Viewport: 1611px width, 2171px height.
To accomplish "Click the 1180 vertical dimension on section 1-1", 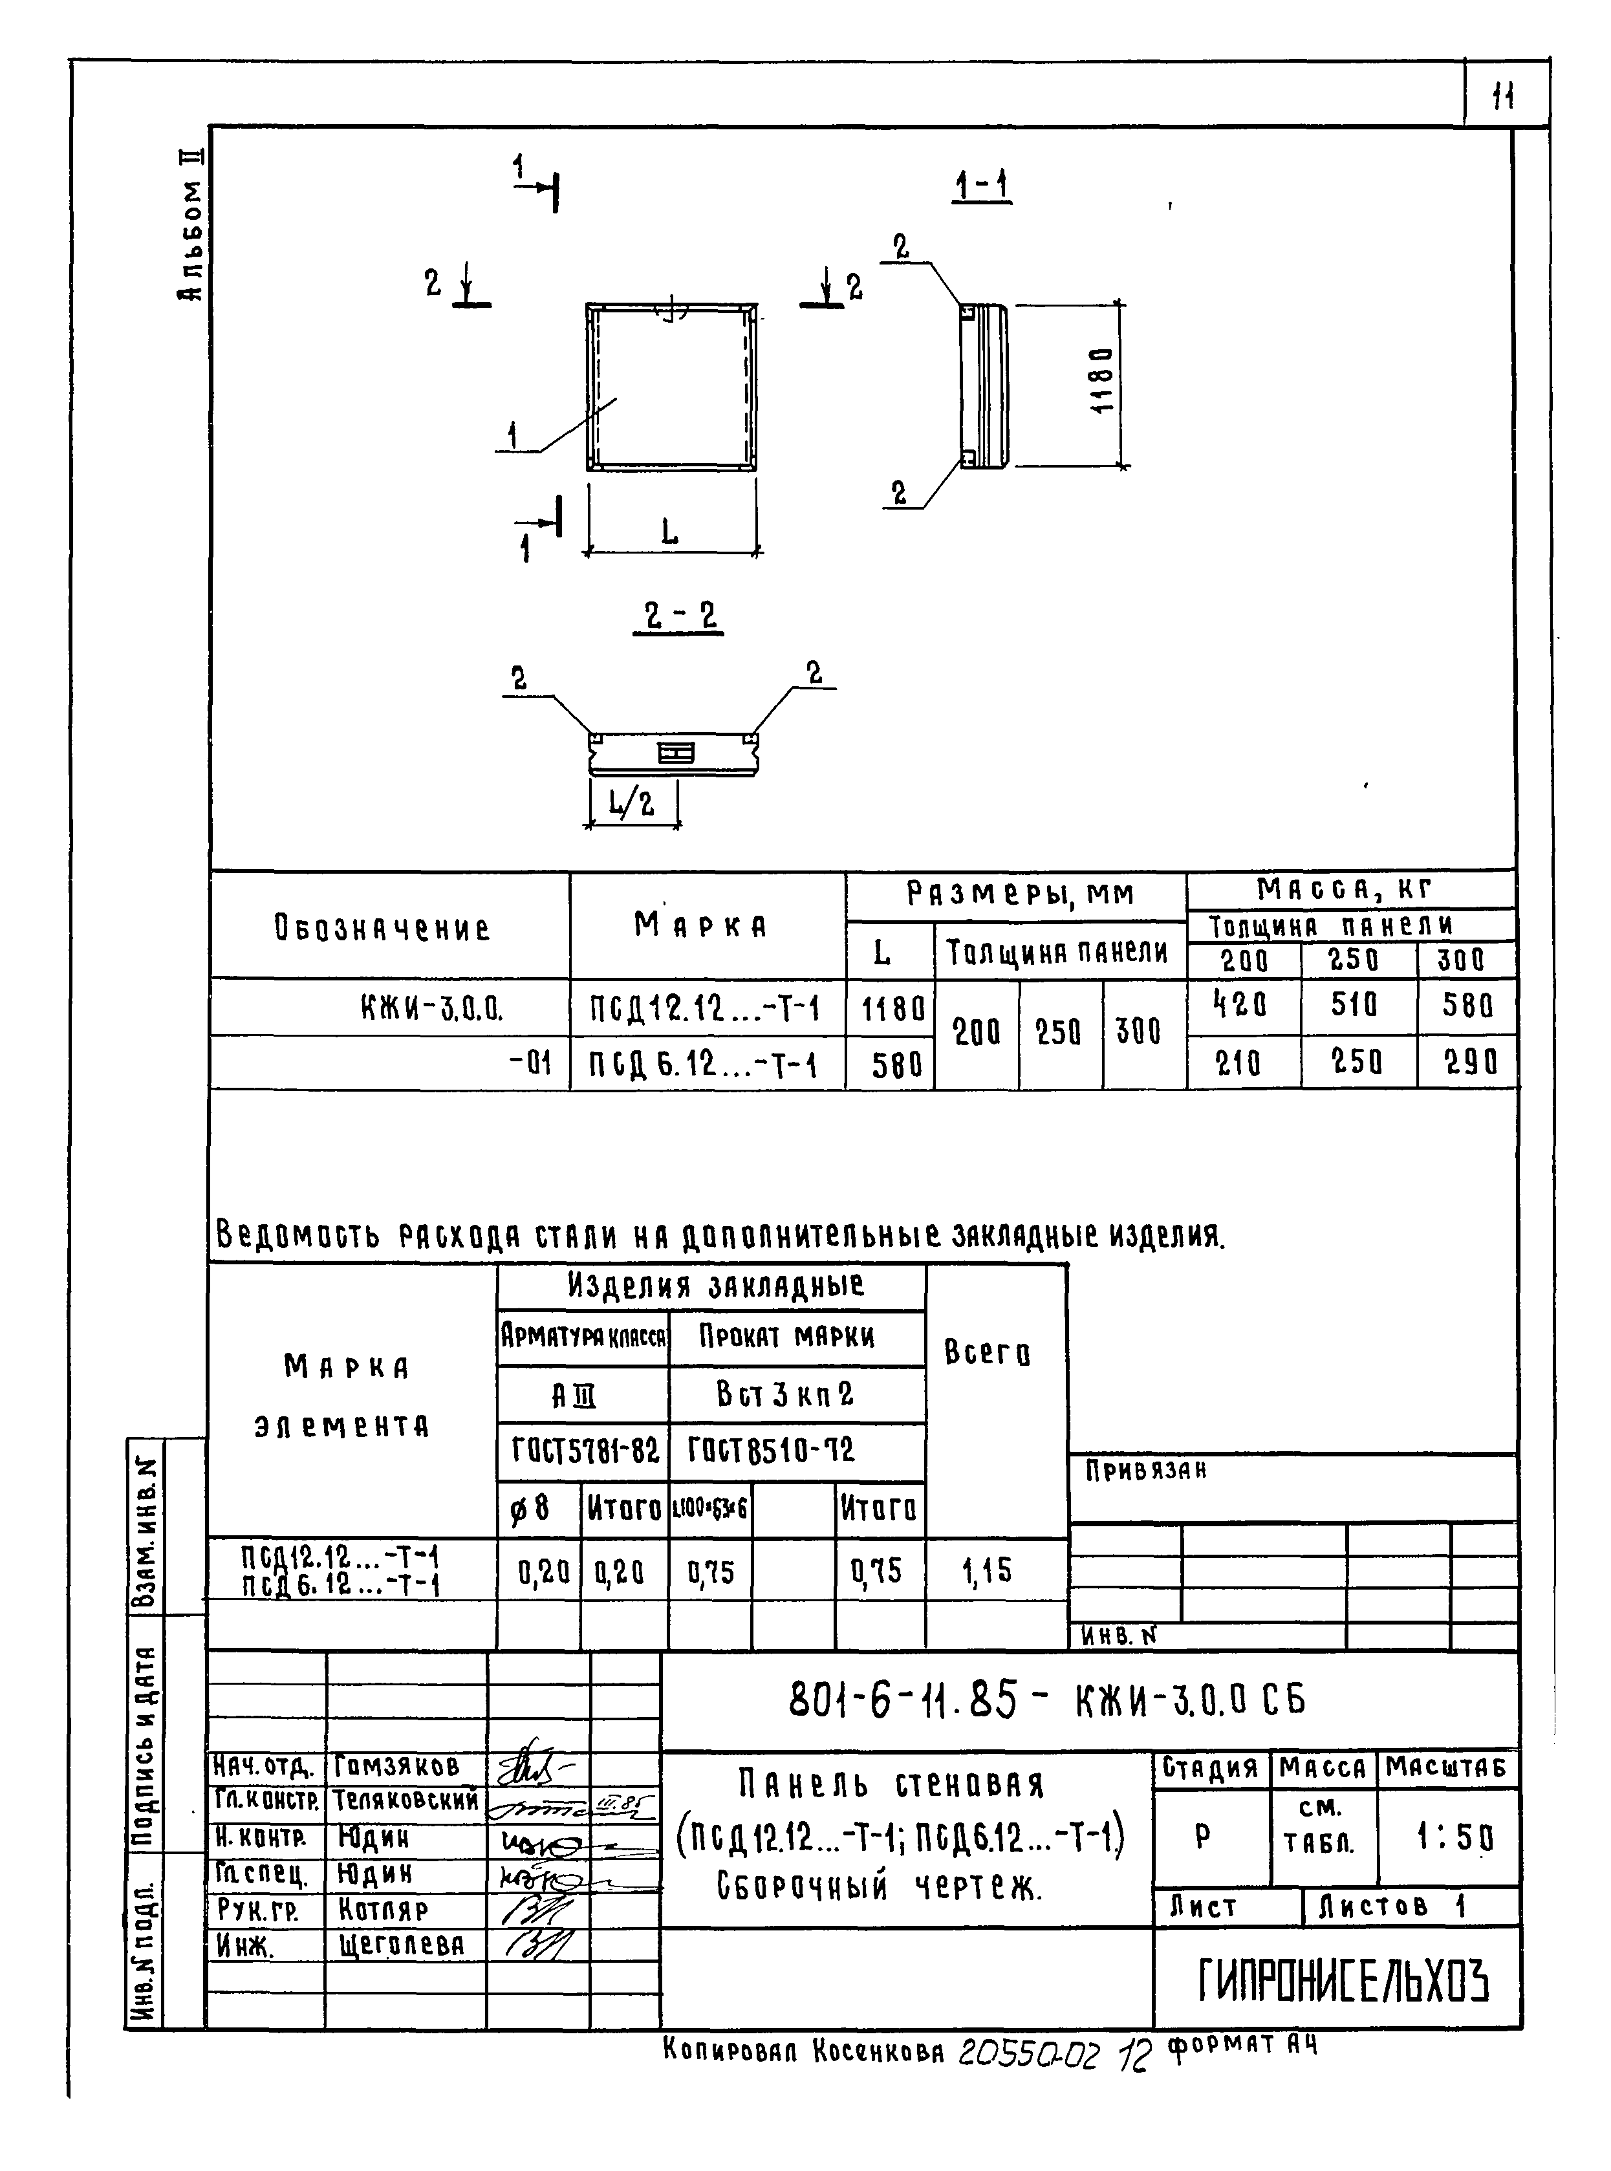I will (x=1102, y=380).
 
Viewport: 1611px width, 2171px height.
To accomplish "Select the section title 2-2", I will (x=680, y=616).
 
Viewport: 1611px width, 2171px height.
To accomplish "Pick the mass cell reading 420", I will (x=1240, y=1004).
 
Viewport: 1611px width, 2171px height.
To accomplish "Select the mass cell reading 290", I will (x=1469, y=1062).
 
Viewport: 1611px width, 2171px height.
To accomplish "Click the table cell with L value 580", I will (x=891, y=1064).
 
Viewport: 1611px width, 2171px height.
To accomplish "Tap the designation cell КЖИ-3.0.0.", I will (x=431, y=1008).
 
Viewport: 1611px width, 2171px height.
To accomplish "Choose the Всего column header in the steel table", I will (x=987, y=1353).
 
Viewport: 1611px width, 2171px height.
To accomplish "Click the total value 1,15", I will (x=987, y=1572).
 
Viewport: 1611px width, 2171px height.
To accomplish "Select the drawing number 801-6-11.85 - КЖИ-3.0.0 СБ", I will (x=1045, y=1700).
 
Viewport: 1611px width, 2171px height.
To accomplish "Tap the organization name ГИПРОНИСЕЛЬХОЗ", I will (x=1343, y=1981).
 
